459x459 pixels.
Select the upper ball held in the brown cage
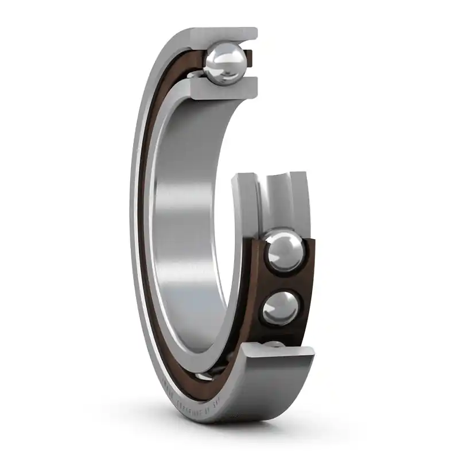pyautogui.click(x=284, y=251)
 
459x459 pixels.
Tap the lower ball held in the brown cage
pyautogui.click(x=281, y=308)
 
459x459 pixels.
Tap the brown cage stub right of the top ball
pyautogui.click(x=248, y=57)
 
